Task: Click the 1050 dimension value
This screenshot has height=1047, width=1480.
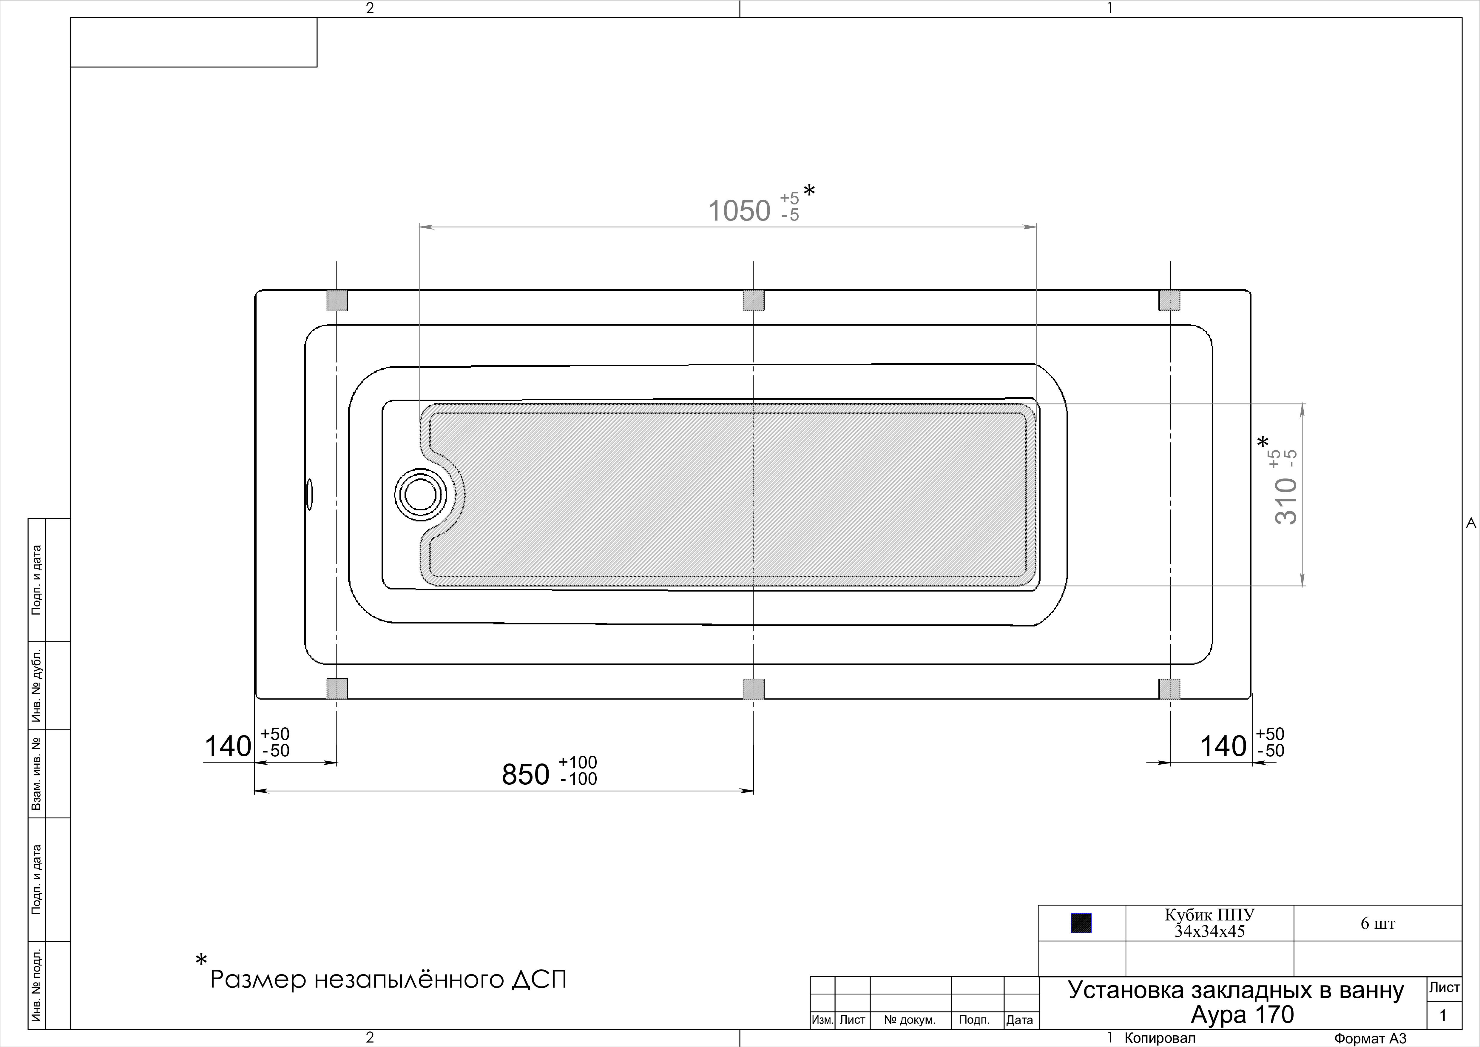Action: (739, 211)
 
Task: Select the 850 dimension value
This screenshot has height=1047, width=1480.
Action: (525, 774)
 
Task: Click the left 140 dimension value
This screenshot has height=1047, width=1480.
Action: (228, 746)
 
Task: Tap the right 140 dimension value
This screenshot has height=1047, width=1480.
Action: (1223, 746)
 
